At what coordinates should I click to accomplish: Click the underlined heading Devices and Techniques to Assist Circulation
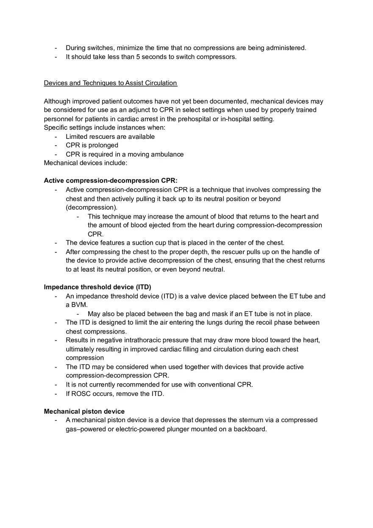coord(110,83)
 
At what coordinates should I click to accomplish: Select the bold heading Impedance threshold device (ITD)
coord(97,287)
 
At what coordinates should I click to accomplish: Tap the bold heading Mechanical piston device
coord(84,411)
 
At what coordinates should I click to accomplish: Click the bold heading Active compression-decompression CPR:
coord(111,180)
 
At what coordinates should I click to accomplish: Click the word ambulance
coord(167,154)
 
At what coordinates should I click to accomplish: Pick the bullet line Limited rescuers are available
coord(110,136)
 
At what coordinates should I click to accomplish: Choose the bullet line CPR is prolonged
coord(92,145)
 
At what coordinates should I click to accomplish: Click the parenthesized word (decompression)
coord(92,207)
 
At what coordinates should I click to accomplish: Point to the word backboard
coord(250,429)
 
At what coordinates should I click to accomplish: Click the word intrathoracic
coord(147,340)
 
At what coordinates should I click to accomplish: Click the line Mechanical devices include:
coord(86,163)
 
